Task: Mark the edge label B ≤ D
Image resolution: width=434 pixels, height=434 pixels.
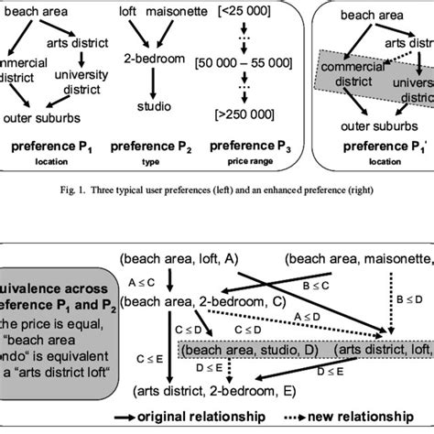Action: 407,298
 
